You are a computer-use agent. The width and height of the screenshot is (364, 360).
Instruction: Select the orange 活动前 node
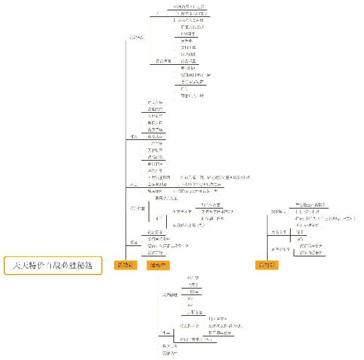pos(126,265)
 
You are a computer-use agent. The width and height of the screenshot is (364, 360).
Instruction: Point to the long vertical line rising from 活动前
pos(125,152)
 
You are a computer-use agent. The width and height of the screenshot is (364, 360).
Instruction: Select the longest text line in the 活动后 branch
pos(325,218)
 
